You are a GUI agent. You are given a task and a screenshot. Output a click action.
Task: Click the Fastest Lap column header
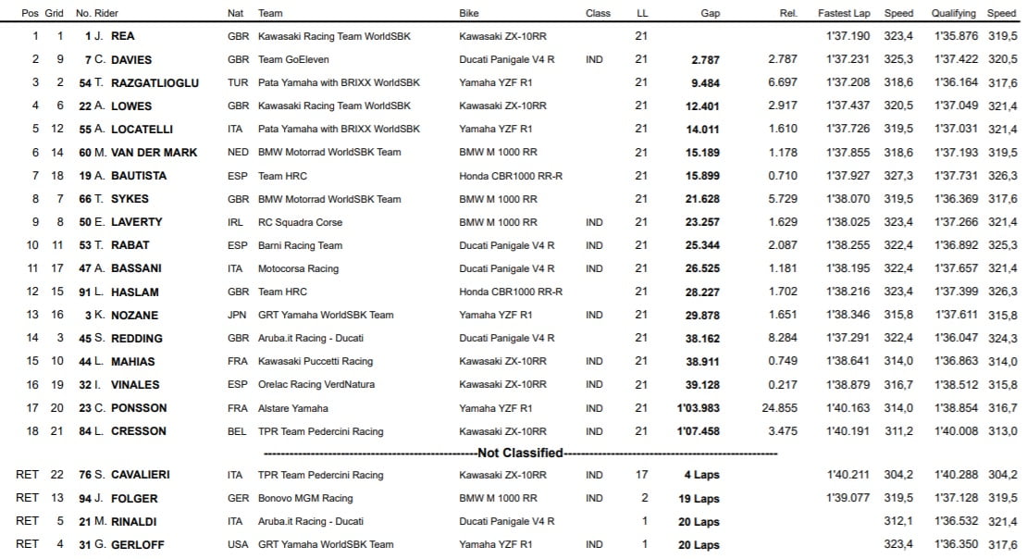(843, 13)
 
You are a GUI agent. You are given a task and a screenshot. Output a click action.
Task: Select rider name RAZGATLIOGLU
(155, 82)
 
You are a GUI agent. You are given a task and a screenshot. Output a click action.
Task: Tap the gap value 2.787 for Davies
(704, 59)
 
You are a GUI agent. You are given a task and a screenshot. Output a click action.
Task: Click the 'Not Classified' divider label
(520, 453)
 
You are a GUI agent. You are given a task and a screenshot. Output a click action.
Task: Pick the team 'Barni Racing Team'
(300, 245)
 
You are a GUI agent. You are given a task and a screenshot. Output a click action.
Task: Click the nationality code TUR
(237, 82)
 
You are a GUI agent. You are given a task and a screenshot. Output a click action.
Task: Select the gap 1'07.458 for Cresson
(699, 431)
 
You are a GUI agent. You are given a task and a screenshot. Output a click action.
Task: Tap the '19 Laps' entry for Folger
(699, 498)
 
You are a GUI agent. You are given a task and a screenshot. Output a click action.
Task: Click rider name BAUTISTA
(142, 175)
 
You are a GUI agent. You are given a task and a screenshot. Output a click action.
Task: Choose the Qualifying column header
(953, 13)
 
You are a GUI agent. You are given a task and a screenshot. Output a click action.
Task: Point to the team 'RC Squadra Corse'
(300, 222)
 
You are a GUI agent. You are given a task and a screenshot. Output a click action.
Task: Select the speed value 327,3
(897, 175)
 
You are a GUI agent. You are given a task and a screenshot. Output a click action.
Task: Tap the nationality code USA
(237, 544)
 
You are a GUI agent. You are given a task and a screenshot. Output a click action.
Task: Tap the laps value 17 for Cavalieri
(641, 475)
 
